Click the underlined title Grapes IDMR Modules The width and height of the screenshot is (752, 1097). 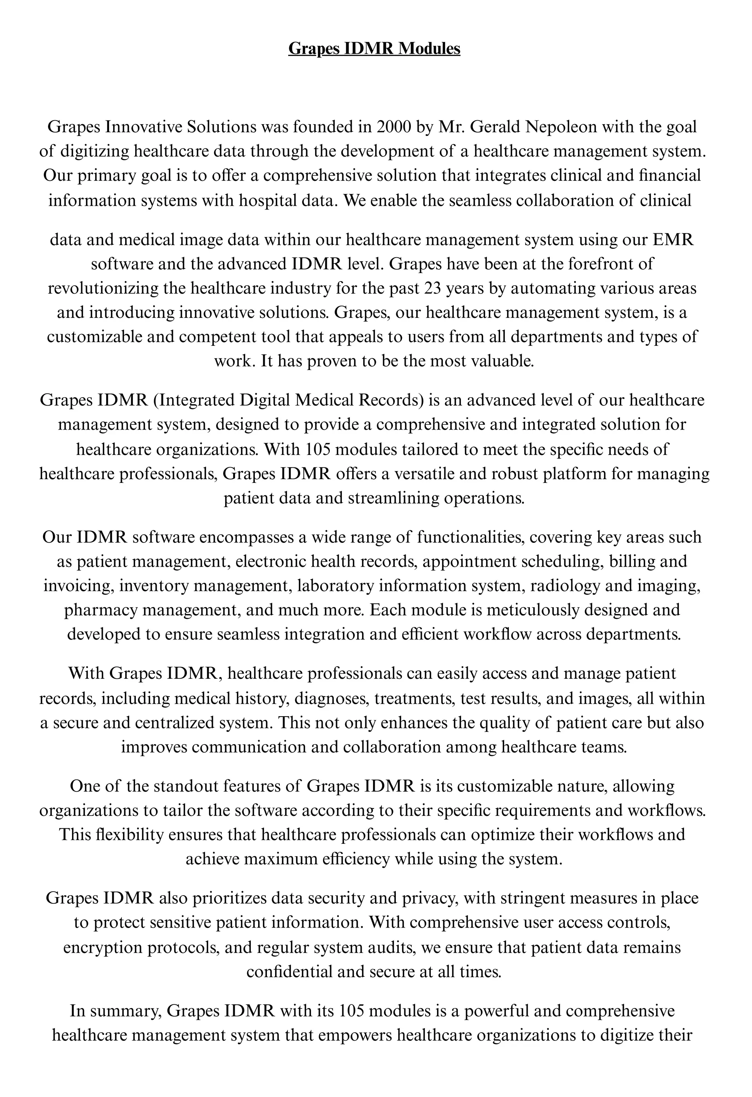tap(374, 48)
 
